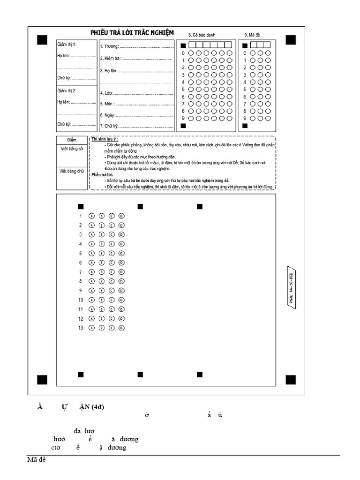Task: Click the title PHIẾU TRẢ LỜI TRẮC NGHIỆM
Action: pos(132,32)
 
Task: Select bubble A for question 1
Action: pos(91,216)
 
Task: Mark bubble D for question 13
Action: pos(121,328)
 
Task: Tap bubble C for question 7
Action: pos(112,272)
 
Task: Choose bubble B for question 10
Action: pos(102,300)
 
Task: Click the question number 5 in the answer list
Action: pos(81,253)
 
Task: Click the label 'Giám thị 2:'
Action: pos(67,90)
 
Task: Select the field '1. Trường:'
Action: pos(110,47)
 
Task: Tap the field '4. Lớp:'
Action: pos(106,93)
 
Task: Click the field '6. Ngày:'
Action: pos(107,115)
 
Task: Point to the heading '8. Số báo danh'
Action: pos(205,35)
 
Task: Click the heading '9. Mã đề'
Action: pos(253,35)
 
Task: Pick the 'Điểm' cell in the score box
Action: pos(72,140)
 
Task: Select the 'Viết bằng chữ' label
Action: pos(72,171)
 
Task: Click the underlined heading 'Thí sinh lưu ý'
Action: pos(105,140)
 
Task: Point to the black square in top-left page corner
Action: pos(43,40)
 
